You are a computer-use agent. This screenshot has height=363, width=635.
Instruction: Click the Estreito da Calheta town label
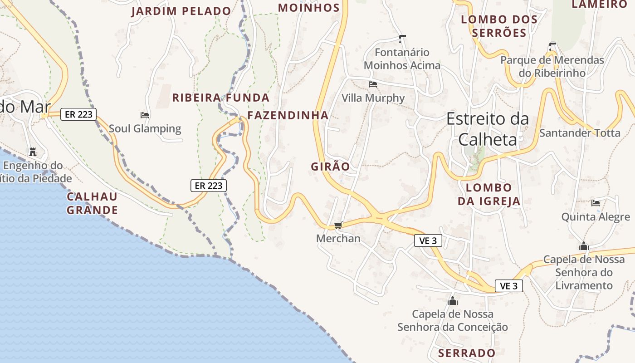(488, 129)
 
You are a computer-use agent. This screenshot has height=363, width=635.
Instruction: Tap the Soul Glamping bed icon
(145, 115)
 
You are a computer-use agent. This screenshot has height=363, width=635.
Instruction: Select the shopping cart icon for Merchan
(338, 225)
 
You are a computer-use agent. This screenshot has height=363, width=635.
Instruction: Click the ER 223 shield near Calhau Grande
(208, 185)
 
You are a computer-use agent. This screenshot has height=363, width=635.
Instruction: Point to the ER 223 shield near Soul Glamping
(79, 114)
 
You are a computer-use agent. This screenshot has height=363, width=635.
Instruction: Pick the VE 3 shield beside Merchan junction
(428, 240)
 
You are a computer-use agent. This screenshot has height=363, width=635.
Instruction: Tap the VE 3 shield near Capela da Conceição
(508, 286)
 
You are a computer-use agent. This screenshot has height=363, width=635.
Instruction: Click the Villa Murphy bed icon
(373, 84)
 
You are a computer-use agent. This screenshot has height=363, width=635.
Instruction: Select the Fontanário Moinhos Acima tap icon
(402, 39)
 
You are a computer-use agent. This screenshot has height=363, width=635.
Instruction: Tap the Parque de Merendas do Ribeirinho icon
(552, 46)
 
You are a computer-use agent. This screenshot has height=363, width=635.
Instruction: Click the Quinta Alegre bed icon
(596, 203)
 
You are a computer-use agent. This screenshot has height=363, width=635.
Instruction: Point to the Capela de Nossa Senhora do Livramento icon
(584, 246)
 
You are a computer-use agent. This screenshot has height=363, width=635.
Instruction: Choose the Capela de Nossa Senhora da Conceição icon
(452, 300)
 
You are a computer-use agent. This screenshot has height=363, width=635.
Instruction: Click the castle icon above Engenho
(33, 152)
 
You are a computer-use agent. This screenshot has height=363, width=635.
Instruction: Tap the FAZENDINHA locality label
(288, 115)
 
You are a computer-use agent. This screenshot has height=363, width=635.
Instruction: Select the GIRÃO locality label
(331, 167)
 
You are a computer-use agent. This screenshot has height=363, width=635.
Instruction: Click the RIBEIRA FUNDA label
(221, 98)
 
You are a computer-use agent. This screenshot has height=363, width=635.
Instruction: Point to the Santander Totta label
(580, 133)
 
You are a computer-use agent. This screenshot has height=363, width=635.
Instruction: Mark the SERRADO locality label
(467, 353)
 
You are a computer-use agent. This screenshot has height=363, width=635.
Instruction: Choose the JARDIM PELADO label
(181, 11)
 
